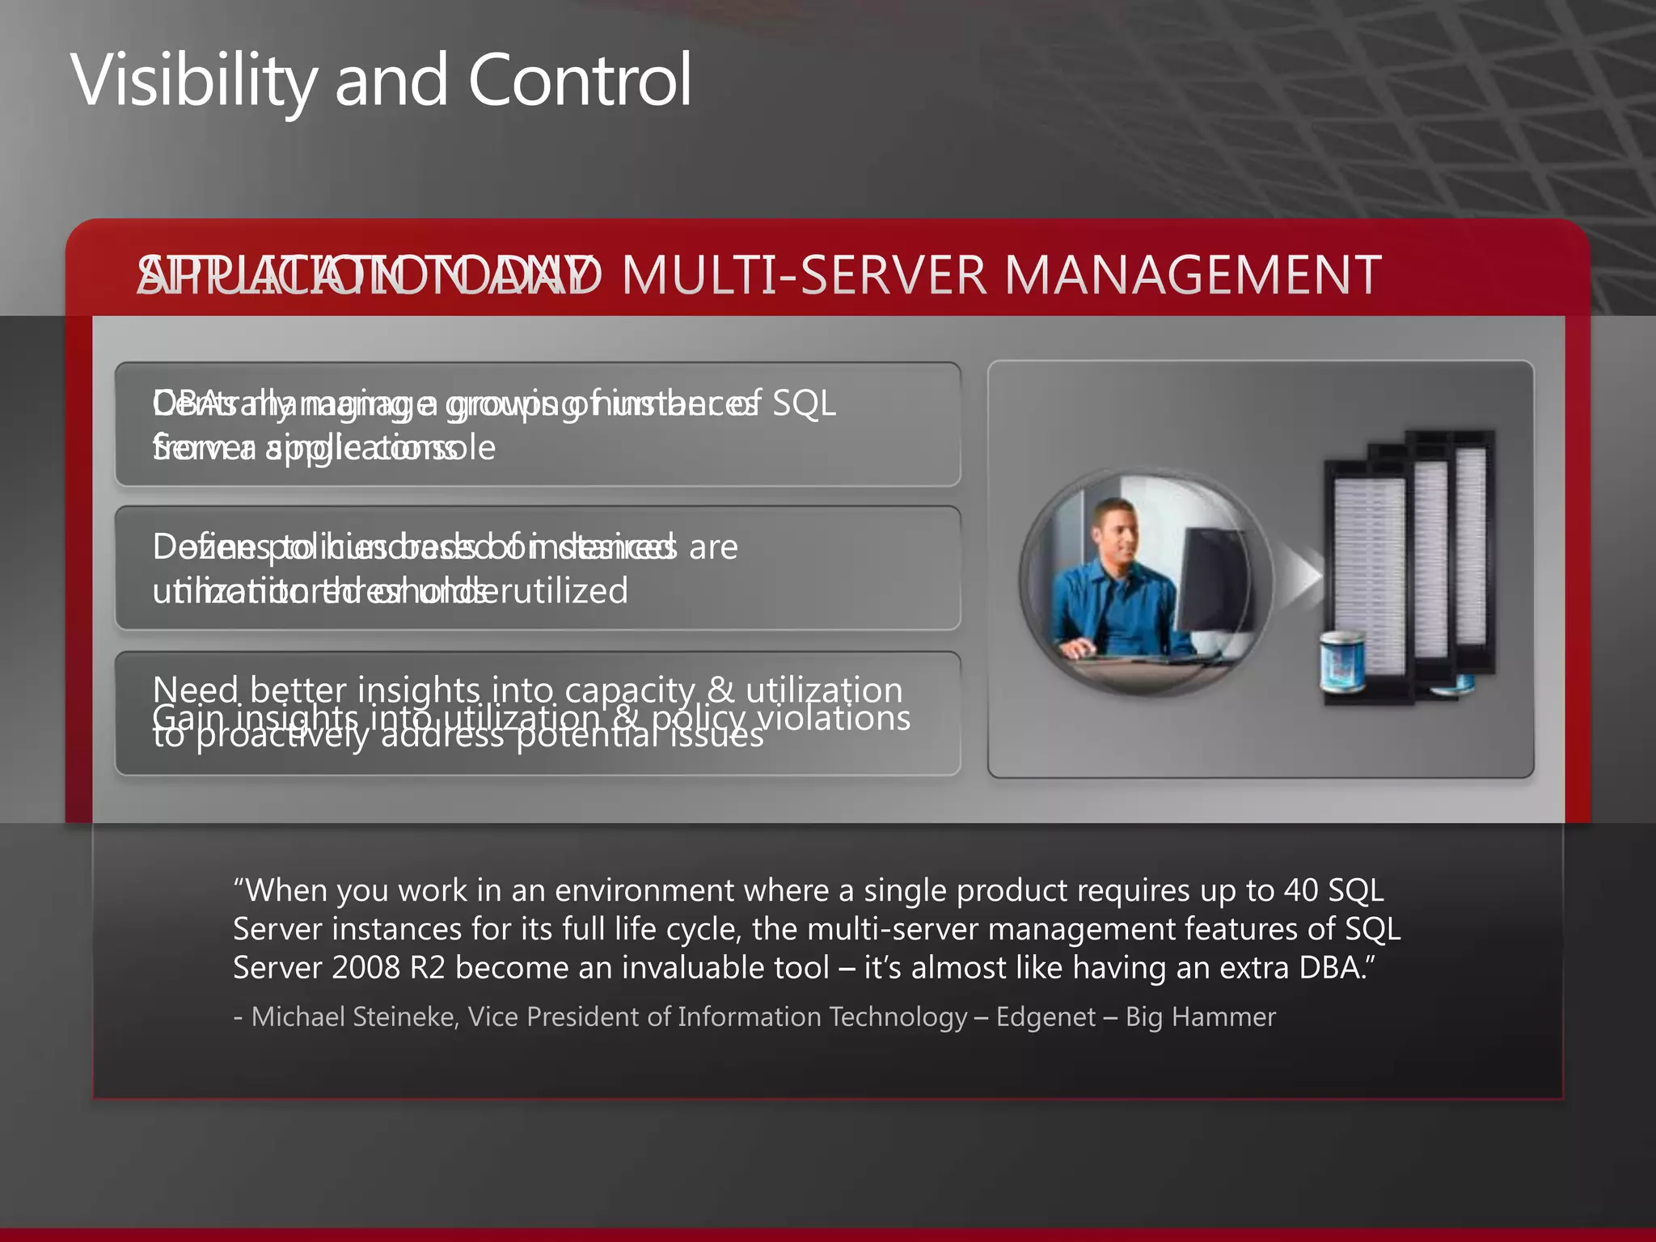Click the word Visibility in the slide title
pos(194,81)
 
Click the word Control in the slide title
pos(580,81)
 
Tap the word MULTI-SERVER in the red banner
pos(804,275)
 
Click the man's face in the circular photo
pos(1119,534)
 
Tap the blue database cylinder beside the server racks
pos(1343,659)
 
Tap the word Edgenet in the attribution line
pos(1046,1016)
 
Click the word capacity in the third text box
pos(630,690)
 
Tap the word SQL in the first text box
pos(804,403)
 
